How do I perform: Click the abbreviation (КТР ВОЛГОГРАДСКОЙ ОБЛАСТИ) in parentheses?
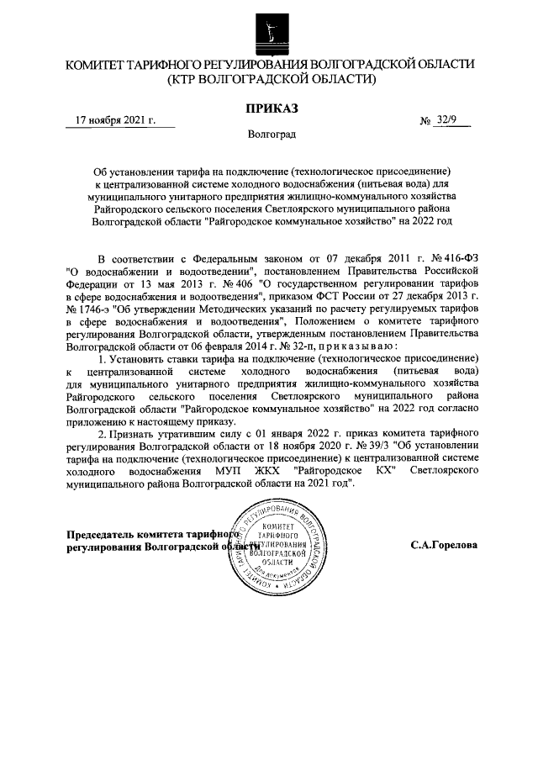click(270, 80)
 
